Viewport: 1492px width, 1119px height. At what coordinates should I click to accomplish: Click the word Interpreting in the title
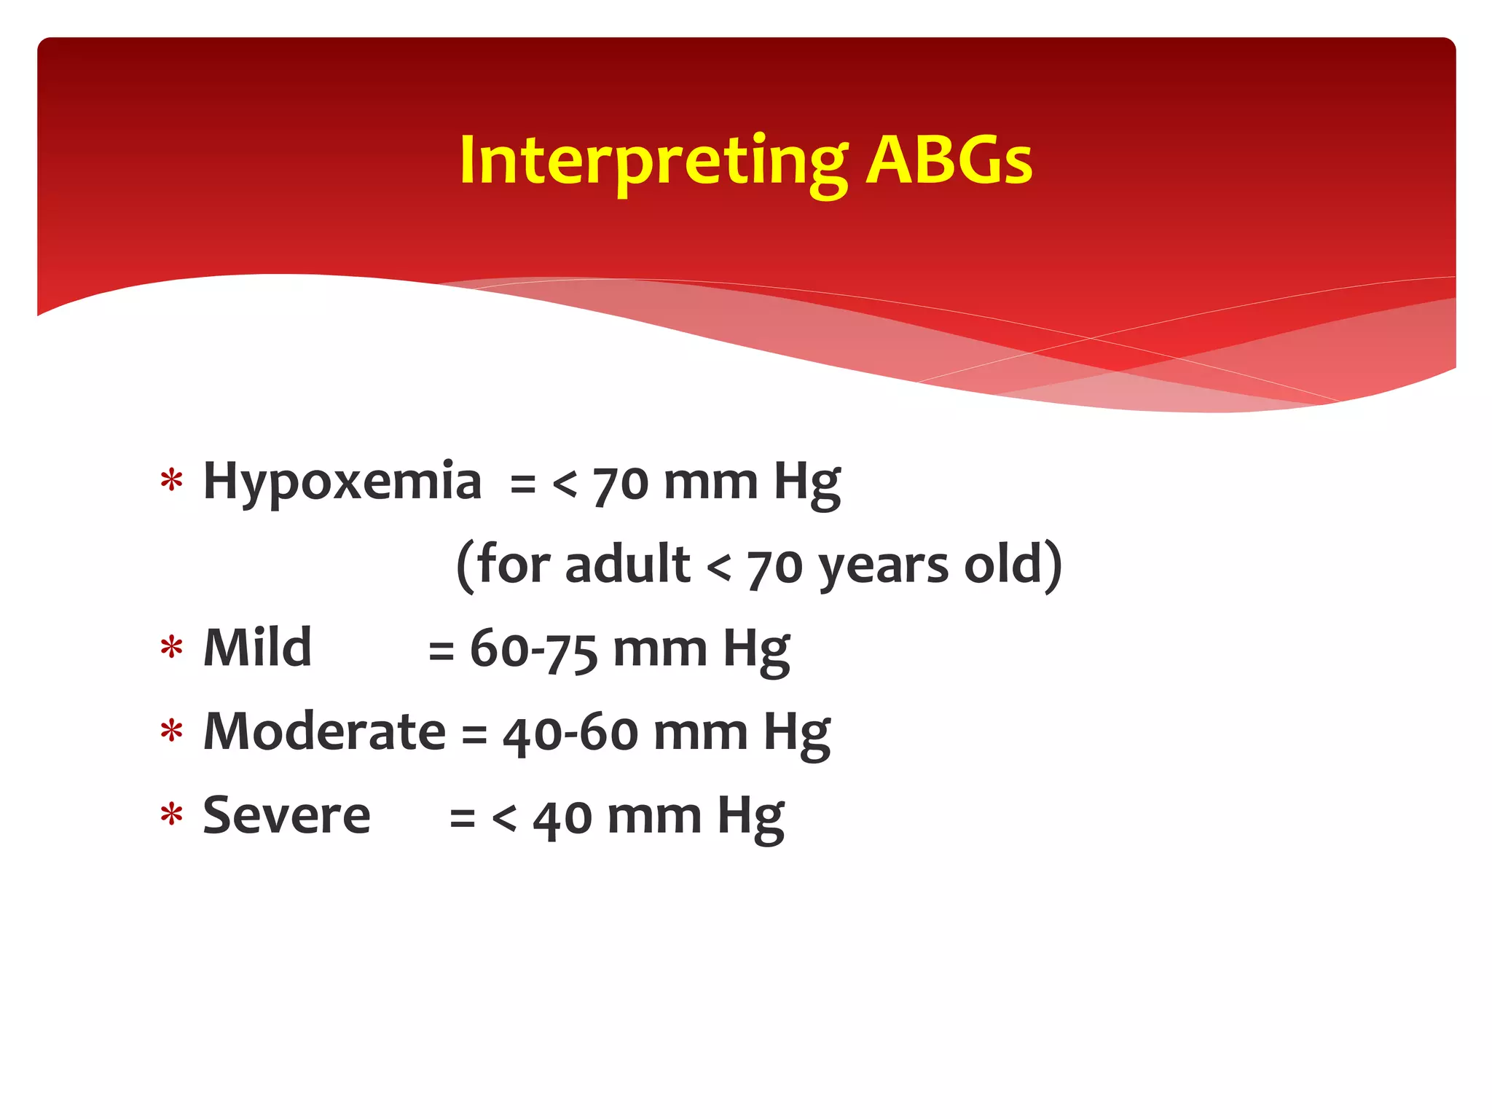pyautogui.click(x=653, y=162)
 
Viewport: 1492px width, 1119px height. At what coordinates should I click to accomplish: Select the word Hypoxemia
pyautogui.click(x=342, y=482)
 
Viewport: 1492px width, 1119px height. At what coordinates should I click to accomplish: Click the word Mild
pyautogui.click(x=257, y=648)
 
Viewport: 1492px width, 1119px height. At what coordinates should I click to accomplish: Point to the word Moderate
pyautogui.click(x=324, y=731)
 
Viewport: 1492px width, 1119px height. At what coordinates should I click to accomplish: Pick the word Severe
pyautogui.click(x=286, y=815)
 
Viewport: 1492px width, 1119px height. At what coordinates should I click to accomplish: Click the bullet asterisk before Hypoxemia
pyautogui.click(x=171, y=482)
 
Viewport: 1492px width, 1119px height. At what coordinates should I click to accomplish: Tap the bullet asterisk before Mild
pyautogui.click(x=171, y=648)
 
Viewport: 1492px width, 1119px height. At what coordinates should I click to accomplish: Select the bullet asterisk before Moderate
pyautogui.click(x=171, y=732)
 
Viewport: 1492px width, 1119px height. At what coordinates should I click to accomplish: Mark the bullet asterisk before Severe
pyautogui.click(x=171, y=816)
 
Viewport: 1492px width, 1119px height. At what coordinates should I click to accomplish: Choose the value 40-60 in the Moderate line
pyautogui.click(x=570, y=733)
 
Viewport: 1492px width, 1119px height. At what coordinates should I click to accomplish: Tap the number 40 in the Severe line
pyautogui.click(x=562, y=818)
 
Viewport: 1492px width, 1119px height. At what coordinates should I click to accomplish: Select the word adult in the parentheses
pyautogui.click(x=627, y=565)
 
